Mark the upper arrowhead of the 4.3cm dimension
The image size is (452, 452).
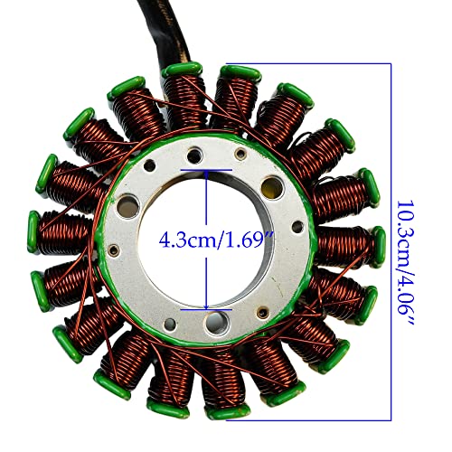(209, 174)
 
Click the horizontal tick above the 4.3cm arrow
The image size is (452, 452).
(209, 168)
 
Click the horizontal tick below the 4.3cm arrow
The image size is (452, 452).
(209, 309)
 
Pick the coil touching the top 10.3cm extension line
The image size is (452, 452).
(237, 90)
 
